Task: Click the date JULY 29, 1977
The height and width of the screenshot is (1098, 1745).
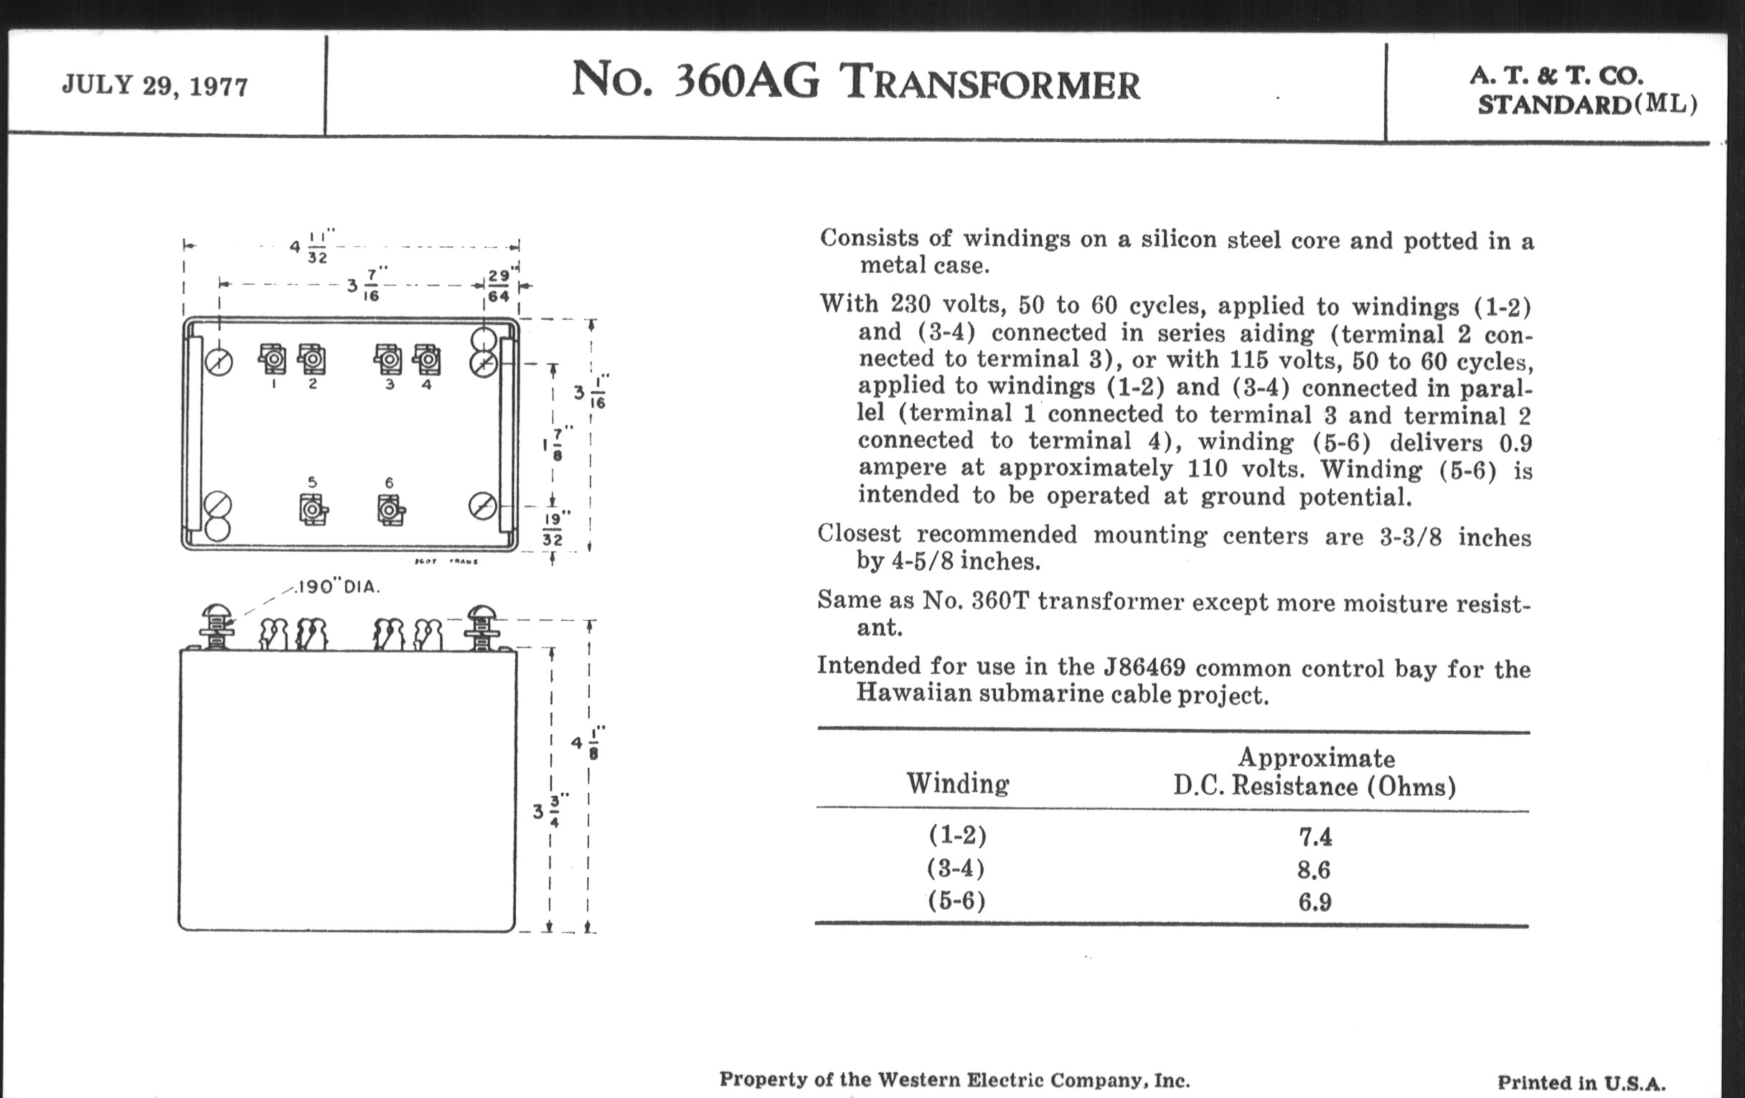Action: pyautogui.click(x=154, y=85)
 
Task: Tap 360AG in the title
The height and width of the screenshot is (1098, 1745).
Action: pyautogui.click(x=746, y=81)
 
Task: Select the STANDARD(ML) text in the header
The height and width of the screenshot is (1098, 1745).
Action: pyautogui.click(x=1587, y=105)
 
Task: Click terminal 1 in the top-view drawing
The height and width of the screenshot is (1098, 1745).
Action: pyautogui.click(x=273, y=360)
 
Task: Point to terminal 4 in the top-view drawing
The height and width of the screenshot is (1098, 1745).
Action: pyautogui.click(x=426, y=360)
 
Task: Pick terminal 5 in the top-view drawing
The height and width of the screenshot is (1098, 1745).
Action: pyautogui.click(x=313, y=510)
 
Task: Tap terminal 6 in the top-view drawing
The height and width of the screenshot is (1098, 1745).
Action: pyautogui.click(x=390, y=510)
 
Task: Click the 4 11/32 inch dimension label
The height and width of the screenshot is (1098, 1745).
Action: pyautogui.click(x=312, y=247)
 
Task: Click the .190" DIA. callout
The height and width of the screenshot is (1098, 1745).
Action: pyautogui.click(x=339, y=587)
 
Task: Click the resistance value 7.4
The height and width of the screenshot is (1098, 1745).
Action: pyautogui.click(x=1314, y=837)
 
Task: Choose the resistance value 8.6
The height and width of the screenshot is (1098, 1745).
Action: pyautogui.click(x=1314, y=869)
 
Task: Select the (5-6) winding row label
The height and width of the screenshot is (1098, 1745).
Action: pyautogui.click(x=956, y=901)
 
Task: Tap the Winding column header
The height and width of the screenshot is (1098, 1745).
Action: pyautogui.click(x=957, y=784)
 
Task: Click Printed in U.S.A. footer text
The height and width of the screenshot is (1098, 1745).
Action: pyautogui.click(x=1581, y=1083)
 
